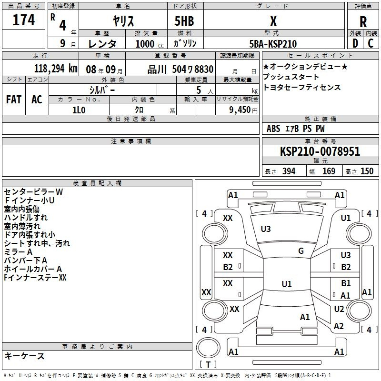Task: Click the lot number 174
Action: pos(23,20)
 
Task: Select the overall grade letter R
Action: pos(363,22)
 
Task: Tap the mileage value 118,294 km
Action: pos(56,69)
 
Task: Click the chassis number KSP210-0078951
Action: pos(320,151)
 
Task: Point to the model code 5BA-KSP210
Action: pos(273,44)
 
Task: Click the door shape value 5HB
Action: pos(184,21)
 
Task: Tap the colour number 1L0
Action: pos(79,110)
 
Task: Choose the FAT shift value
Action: pos(14,100)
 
